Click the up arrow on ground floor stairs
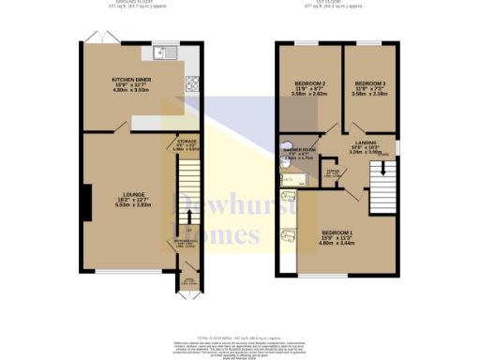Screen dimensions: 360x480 (x=188, y=217)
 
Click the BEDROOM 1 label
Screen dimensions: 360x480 (x=337, y=232)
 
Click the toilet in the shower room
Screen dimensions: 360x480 (x=287, y=147)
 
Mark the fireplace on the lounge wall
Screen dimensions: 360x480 (x=84, y=200)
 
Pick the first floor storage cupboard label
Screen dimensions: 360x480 (x=332, y=173)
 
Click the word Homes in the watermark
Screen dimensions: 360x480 (x=219, y=233)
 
